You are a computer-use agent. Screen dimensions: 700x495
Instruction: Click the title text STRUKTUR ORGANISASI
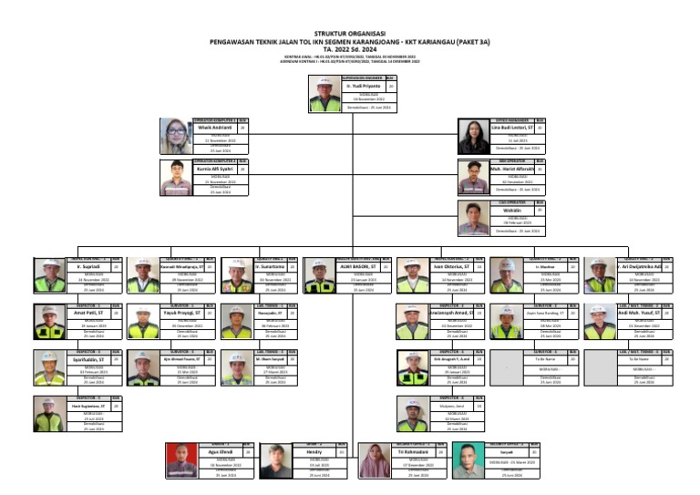349,31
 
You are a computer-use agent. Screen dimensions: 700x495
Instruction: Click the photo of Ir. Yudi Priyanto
325,93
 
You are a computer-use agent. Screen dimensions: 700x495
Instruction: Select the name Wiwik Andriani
215,129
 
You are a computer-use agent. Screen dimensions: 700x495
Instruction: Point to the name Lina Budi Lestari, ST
512,129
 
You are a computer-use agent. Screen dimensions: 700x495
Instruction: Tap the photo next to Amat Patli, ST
49,320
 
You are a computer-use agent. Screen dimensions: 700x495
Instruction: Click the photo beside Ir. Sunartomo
236,273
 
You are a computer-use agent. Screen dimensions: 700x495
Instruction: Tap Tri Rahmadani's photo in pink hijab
376,459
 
